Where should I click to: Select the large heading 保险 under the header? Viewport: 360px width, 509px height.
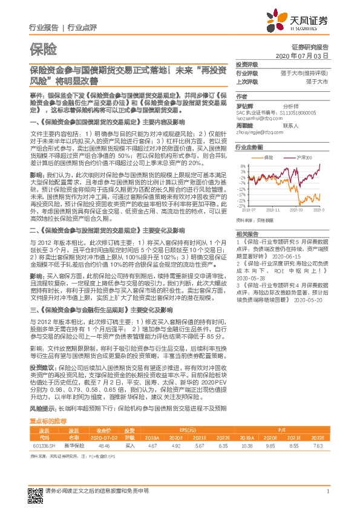tap(43, 48)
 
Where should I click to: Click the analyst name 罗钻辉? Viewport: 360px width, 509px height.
tap(244, 105)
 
